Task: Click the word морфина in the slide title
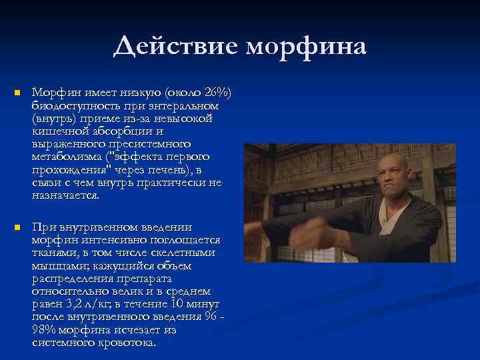tap(307, 47)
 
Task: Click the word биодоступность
tap(71, 105)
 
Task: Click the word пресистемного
tap(151, 144)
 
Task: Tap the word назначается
tap(65, 196)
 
